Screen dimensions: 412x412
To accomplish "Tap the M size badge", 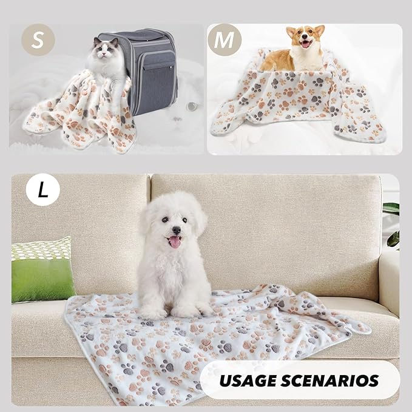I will pos(225,41).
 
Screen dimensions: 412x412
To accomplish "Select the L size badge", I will pos(42,191).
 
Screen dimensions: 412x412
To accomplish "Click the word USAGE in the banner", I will pos(246,381).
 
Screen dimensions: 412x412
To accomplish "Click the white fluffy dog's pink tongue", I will pos(175,242).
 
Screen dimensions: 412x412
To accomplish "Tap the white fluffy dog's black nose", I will pos(175,231).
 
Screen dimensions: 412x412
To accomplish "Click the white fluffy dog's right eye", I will pos(164,220).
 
